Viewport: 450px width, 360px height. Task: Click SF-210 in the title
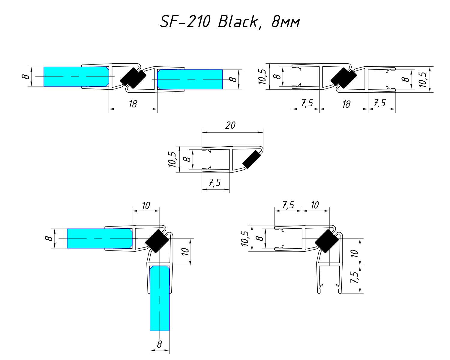point(185,22)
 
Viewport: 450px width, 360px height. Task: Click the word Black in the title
point(238,22)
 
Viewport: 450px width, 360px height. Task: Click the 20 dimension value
point(230,125)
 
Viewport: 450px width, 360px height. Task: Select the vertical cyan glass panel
point(160,298)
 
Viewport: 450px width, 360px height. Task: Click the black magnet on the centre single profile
point(252,159)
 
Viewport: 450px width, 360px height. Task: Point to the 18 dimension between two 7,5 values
point(346,104)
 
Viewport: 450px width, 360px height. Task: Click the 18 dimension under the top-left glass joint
point(133,104)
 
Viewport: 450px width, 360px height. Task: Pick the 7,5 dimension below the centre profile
point(215,183)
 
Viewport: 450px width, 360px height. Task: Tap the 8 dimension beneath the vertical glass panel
point(159,344)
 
